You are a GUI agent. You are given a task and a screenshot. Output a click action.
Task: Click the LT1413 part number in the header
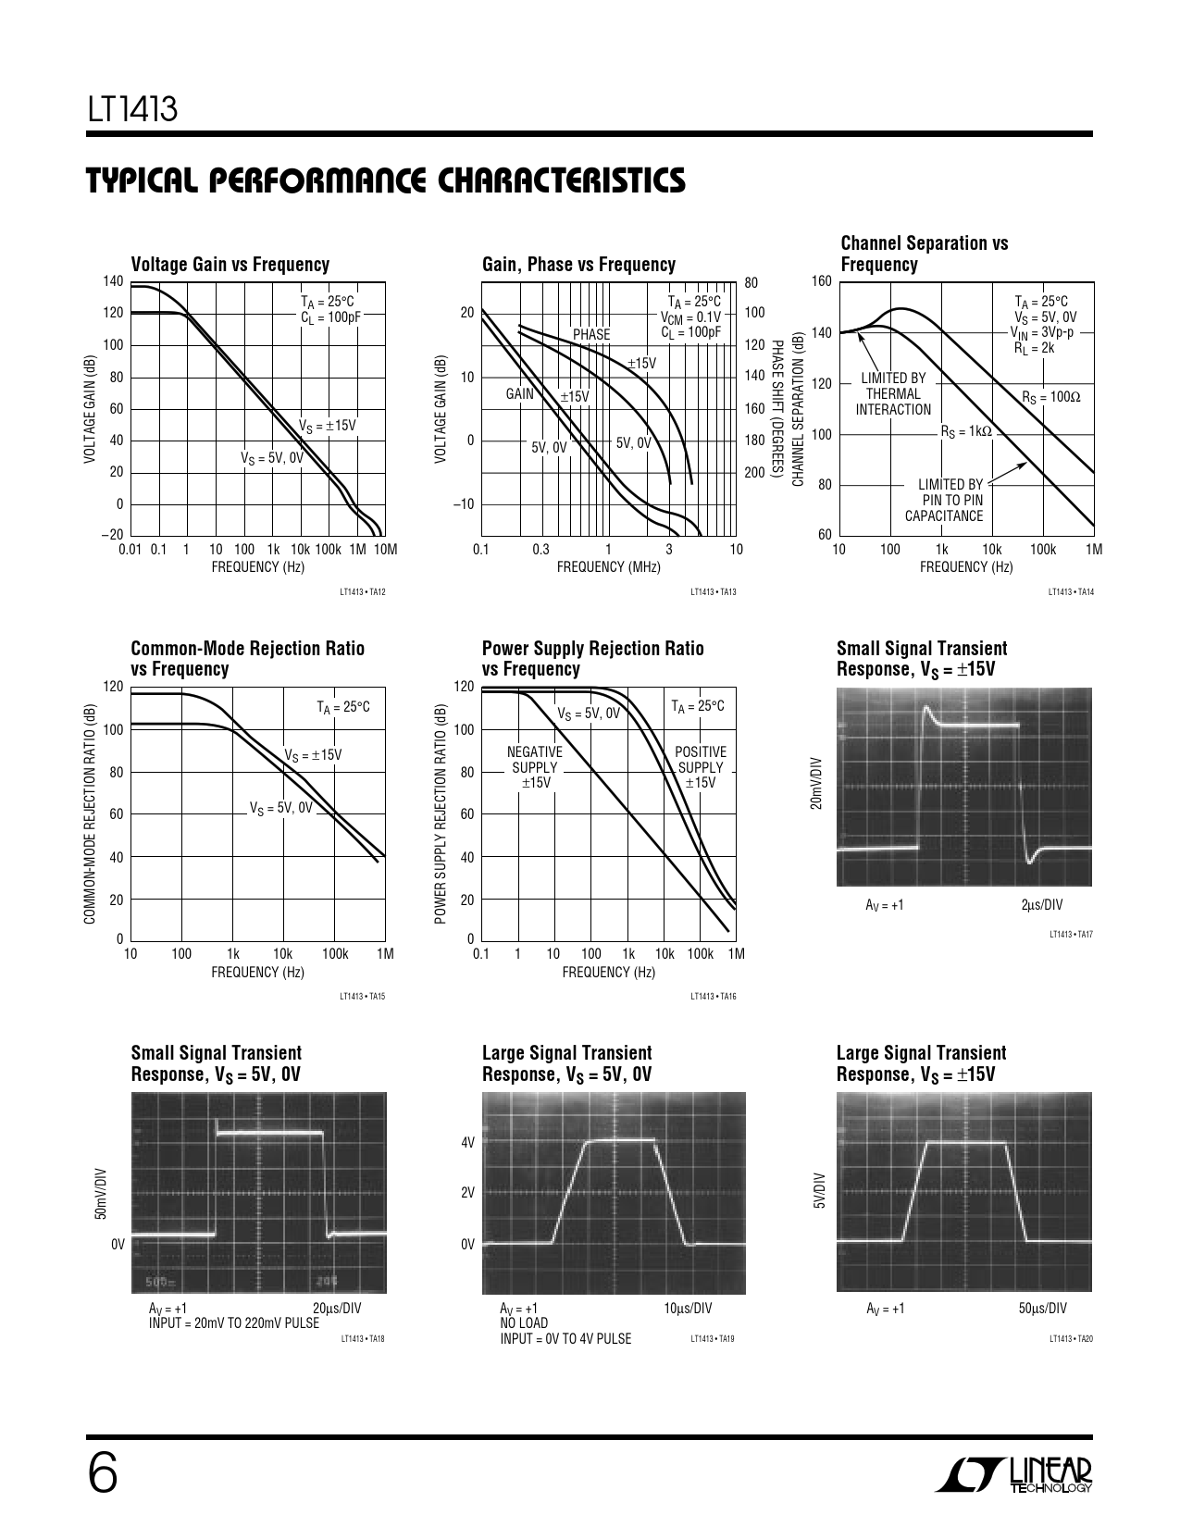132,110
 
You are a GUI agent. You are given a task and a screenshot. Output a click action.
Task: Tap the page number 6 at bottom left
103,1473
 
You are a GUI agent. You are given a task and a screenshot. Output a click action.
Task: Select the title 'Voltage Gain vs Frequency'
230,265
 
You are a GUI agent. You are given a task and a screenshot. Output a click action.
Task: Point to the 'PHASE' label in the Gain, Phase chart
591,334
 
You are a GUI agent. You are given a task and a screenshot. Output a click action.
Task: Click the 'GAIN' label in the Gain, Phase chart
520,394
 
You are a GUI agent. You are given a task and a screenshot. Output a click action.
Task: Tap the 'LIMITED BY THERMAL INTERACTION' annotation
893,393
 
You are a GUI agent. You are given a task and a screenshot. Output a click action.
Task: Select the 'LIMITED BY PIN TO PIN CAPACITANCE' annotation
944,500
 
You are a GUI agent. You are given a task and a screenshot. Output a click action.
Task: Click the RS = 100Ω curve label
1050,396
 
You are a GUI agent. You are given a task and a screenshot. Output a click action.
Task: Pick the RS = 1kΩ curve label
966,431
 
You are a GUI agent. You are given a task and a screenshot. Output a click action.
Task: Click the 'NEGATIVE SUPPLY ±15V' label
535,767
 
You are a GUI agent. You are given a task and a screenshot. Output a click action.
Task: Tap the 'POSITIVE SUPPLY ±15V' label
701,767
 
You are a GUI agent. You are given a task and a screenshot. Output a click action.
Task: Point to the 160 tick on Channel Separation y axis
821,281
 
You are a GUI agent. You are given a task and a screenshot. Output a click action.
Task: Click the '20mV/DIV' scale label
816,783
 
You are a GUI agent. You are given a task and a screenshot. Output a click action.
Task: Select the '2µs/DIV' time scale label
1041,904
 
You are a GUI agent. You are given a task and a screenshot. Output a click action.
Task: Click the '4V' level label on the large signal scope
467,1143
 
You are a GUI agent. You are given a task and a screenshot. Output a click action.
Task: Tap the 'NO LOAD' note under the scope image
524,1322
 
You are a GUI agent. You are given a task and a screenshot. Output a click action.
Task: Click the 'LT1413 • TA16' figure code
713,996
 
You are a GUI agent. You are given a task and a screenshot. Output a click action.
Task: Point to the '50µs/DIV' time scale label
1042,1308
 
